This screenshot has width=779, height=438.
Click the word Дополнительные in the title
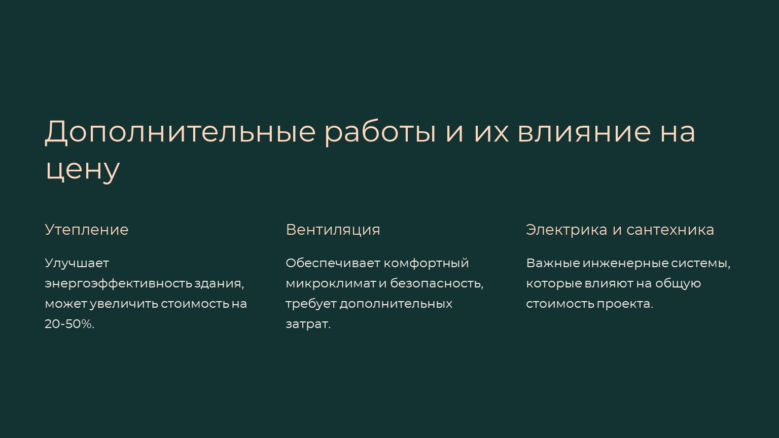[x=181, y=132]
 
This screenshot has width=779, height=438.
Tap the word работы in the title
[x=380, y=133]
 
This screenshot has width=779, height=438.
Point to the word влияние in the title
[x=584, y=132]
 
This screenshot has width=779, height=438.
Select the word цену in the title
[x=83, y=171]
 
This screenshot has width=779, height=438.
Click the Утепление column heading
[x=87, y=230]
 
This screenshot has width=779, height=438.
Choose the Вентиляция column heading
[x=333, y=230]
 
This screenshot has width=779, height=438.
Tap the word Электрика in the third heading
[x=566, y=230]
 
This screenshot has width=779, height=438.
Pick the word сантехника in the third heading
[x=670, y=230]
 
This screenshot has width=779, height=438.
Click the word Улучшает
[x=77, y=264]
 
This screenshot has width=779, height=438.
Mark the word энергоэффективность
[x=119, y=284]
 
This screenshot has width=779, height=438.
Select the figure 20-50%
[x=69, y=324]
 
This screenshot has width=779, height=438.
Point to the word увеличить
[x=124, y=304]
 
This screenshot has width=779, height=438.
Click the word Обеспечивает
[x=333, y=264]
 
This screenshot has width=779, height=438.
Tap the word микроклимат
[x=331, y=284]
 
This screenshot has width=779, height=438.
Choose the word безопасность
[x=437, y=284]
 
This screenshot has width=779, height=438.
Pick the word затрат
[x=308, y=324]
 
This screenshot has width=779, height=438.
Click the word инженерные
[x=626, y=264]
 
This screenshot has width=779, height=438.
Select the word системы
[x=700, y=264]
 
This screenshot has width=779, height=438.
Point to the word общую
[x=678, y=284]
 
